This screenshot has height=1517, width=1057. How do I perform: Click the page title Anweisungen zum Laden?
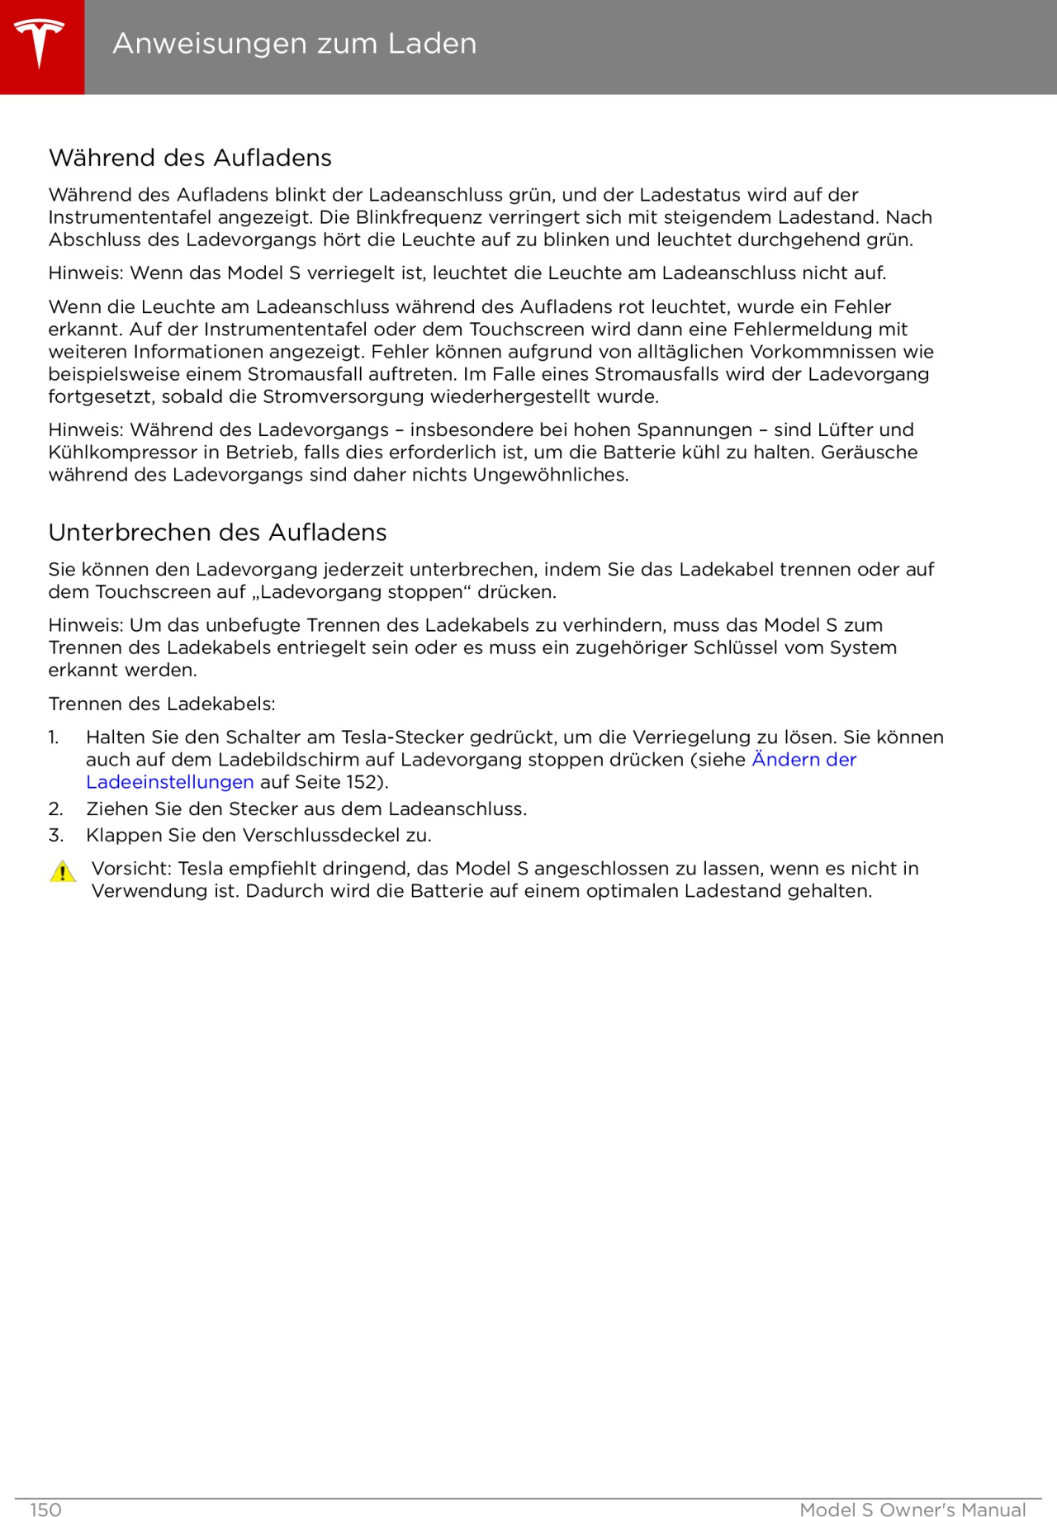(x=294, y=43)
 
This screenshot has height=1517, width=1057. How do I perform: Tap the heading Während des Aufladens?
(x=190, y=158)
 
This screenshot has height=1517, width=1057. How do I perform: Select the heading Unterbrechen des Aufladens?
(x=217, y=533)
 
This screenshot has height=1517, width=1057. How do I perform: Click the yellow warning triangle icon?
(x=63, y=872)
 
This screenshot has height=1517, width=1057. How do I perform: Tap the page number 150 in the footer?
(x=45, y=1510)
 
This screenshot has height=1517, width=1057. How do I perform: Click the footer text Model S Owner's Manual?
(x=912, y=1510)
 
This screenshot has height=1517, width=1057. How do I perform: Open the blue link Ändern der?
(x=803, y=760)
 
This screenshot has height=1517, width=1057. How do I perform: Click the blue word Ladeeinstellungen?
(x=169, y=782)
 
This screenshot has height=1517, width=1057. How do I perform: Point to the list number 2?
(x=55, y=809)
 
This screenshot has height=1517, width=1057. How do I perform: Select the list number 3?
(x=55, y=836)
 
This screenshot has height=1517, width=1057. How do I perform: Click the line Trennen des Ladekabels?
(x=162, y=704)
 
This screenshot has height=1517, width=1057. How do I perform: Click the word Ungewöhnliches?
(x=550, y=475)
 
